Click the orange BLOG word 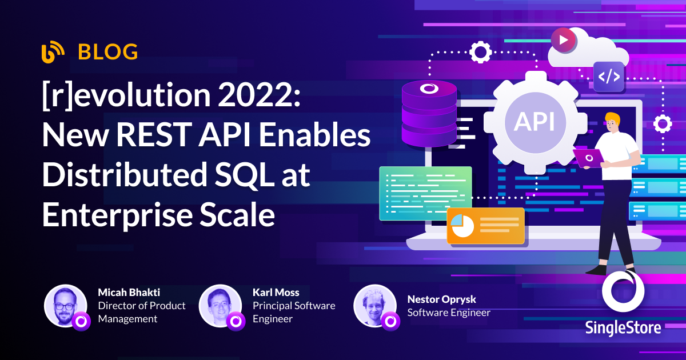pos(108,52)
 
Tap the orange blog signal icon pos(53,52)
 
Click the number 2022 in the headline pos(259,95)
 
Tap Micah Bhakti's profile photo pos(65,306)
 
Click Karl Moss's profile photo pos(220,306)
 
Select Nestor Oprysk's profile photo pos(375,306)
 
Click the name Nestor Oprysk pos(441,299)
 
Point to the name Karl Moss pos(276,293)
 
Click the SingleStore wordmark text pos(623,328)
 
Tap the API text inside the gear pos(535,122)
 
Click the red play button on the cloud pos(564,40)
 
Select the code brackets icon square pos(609,76)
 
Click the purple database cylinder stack pos(429,113)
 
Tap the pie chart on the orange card pos(462,226)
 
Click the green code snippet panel pos(425,194)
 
